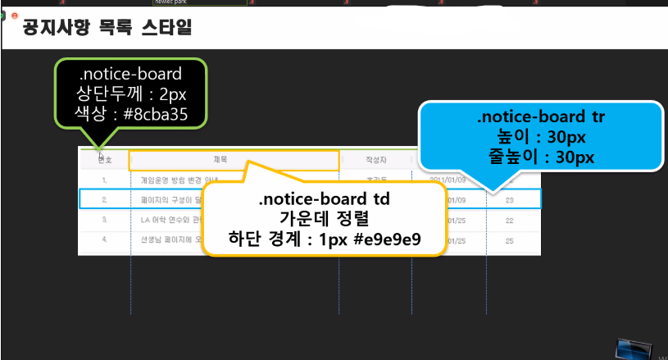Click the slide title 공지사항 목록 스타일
pos(107,31)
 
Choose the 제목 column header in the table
pos(220,160)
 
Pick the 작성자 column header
pos(376,160)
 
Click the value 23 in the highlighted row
pos(510,199)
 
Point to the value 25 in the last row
pos(510,240)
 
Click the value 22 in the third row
pos(510,220)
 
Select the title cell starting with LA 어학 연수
pos(165,220)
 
